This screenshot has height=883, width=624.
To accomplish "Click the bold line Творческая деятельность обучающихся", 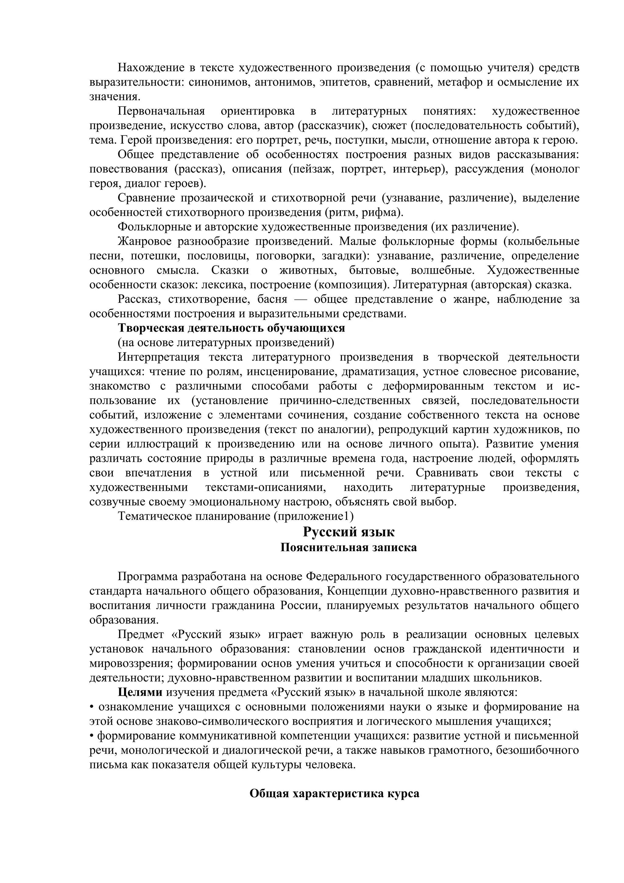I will click(231, 328).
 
